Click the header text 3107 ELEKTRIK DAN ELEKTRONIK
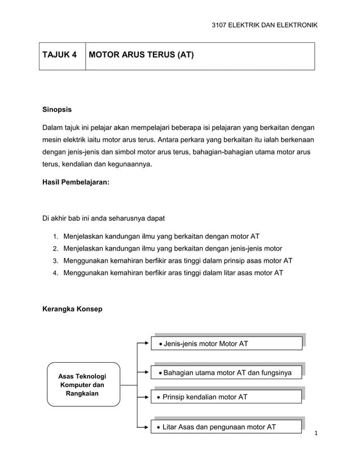click(x=264, y=25)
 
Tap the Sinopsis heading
click(x=57, y=108)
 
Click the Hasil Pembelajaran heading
click(x=77, y=182)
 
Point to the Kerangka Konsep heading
click(x=72, y=309)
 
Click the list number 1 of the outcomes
click(x=55, y=237)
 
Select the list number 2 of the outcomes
click(x=55, y=249)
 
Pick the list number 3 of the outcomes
click(x=55, y=261)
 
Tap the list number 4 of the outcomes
click(x=55, y=273)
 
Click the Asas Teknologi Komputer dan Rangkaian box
click(x=83, y=384)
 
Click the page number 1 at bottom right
click(x=317, y=433)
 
